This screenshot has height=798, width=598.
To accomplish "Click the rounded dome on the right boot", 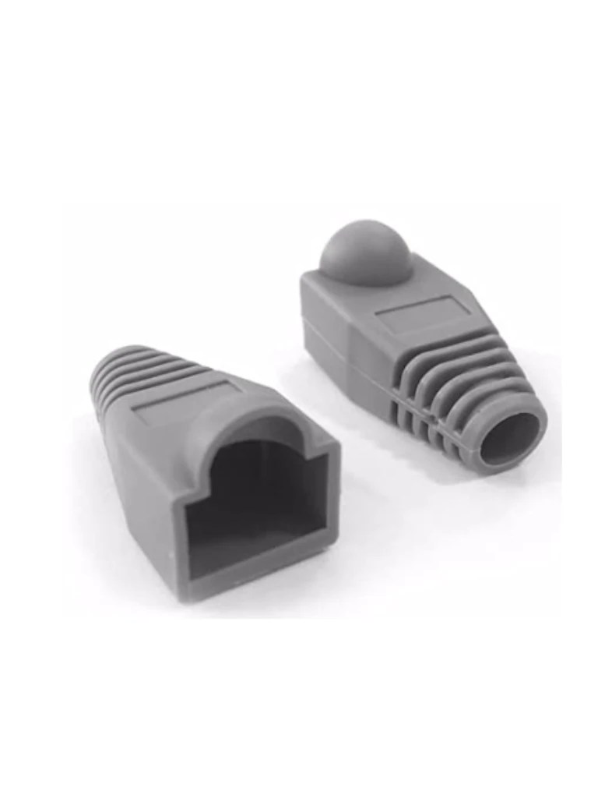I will pos(365,251).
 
